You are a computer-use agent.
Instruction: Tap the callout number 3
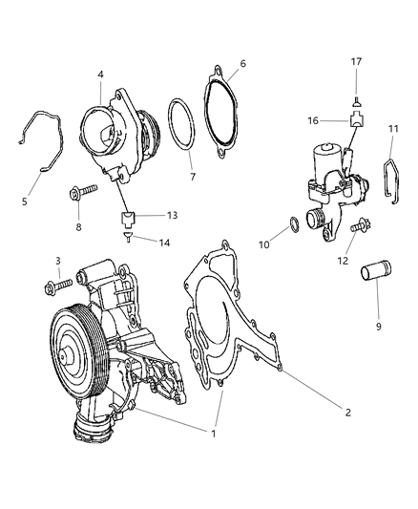[x=58, y=261]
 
